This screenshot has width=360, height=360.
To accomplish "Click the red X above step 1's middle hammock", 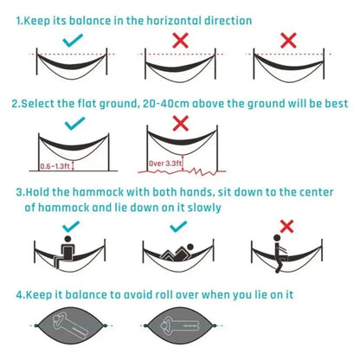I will point(181,40).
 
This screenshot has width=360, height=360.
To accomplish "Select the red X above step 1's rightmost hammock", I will point(288,40).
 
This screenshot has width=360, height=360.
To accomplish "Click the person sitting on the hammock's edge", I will point(283,254).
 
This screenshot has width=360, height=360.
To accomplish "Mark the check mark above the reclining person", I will point(180,226).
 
